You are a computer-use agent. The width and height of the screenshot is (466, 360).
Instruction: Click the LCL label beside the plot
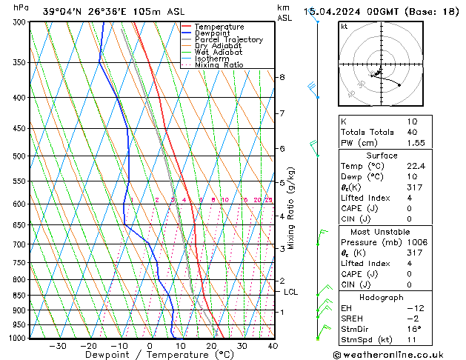(291, 292)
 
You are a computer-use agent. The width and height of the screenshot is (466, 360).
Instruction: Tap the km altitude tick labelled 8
(282, 77)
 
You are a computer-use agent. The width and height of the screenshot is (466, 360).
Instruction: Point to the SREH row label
(353, 318)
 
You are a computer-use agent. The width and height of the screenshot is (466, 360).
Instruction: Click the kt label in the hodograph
(344, 27)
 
